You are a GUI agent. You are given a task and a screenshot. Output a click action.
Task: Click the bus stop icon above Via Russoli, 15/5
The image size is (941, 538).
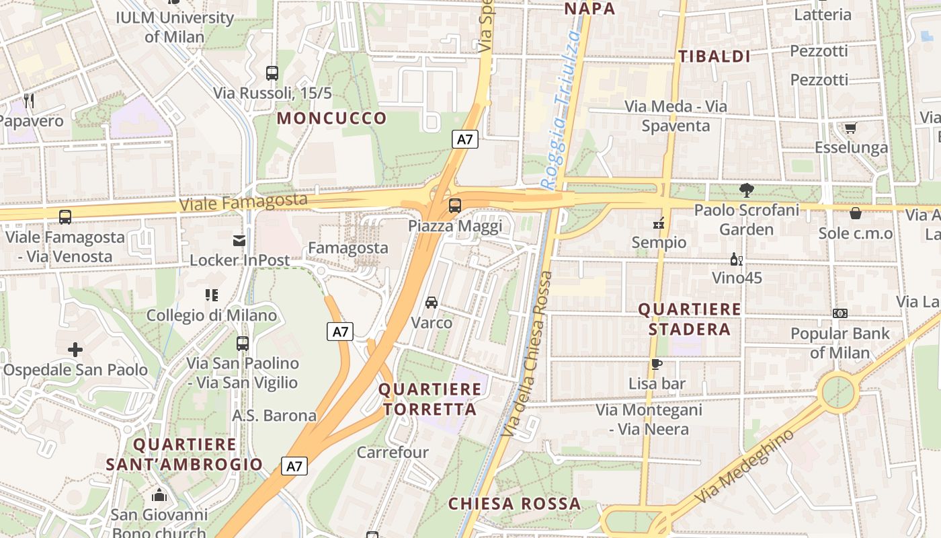[272, 73]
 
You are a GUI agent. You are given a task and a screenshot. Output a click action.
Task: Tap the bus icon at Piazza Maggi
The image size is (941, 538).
[455, 206]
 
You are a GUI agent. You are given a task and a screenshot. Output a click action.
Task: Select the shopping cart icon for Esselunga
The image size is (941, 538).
[850, 128]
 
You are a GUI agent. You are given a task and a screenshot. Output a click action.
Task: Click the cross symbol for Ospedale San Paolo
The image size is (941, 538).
[75, 350]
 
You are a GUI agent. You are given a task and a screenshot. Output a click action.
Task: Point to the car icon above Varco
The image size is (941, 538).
[432, 303]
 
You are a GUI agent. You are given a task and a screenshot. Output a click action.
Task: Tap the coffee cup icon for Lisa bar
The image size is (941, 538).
[657, 364]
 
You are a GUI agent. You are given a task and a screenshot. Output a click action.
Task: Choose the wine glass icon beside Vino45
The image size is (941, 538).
[737, 260]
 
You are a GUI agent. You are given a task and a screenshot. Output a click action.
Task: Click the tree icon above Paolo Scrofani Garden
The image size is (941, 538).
[746, 190]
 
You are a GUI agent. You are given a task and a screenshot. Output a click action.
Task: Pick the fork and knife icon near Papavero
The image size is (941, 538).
[29, 101]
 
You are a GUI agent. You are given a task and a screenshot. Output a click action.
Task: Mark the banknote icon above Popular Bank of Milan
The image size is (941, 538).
[840, 313]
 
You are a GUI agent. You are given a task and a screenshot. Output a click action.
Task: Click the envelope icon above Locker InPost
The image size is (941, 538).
[239, 241]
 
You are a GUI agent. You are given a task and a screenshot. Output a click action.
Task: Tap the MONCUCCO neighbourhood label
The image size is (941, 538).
[332, 118]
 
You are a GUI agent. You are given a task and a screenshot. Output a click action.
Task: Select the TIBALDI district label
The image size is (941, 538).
[714, 56]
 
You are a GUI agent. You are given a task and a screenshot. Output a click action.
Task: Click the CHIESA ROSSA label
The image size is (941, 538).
[514, 504]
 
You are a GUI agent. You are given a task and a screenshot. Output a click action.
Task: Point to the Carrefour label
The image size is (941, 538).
[393, 452]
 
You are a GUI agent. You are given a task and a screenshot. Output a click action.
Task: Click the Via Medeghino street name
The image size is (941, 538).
[744, 467]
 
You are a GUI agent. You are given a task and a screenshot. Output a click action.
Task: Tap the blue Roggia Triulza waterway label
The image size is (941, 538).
[560, 111]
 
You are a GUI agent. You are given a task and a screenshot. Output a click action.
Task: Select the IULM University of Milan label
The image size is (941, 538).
[175, 27]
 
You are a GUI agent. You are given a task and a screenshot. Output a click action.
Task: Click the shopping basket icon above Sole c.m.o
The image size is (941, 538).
[856, 213]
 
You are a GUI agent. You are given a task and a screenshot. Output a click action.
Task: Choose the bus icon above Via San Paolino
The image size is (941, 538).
[243, 344]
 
